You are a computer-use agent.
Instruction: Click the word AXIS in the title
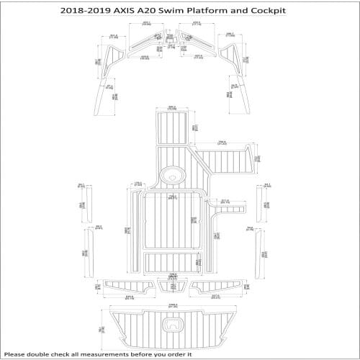127,10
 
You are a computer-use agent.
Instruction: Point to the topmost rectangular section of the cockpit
172,125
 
